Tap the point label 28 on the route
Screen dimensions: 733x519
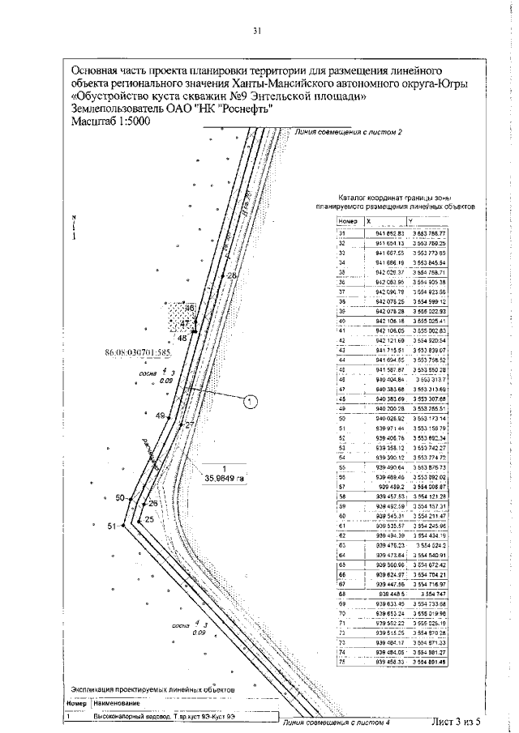(233, 276)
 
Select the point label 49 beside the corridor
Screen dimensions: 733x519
(160, 416)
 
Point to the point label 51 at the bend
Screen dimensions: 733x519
(112, 526)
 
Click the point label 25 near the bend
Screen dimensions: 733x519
(149, 520)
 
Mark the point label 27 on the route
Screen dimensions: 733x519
(190, 424)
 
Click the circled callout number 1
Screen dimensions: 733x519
(251, 399)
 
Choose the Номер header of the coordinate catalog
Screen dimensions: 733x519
(349, 220)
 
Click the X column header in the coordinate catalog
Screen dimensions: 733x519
(370, 220)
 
